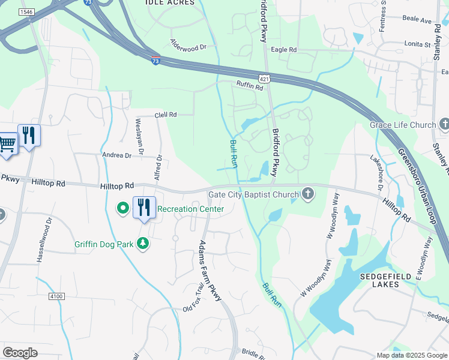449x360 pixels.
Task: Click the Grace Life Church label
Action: (403, 125)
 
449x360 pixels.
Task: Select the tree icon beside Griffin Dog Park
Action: (143, 244)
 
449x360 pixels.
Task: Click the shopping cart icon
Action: (7, 143)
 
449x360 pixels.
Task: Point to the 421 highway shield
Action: (264, 79)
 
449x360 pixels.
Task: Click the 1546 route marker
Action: (26, 11)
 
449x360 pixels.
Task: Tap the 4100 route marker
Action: (56, 296)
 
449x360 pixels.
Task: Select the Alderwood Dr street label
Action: (188, 46)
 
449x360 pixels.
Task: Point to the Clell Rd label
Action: (166, 114)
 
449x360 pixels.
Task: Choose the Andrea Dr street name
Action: (116, 155)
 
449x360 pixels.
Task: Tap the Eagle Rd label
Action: (284, 50)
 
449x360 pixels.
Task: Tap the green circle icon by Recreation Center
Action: (123, 209)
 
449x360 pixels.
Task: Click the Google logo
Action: (20, 353)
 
